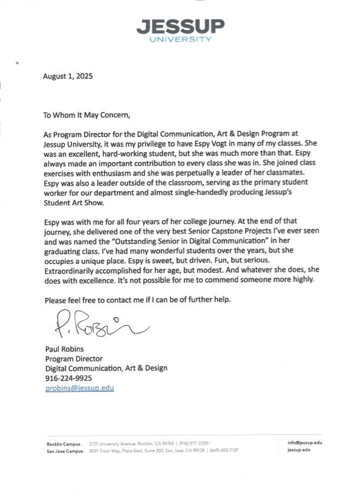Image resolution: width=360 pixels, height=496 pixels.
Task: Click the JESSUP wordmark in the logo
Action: pyautogui.click(x=180, y=27)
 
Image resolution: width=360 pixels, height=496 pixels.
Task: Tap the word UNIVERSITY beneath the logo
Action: pyautogui.click(x=180, y=40)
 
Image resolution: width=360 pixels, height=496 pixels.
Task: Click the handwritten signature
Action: pyautogui.click(x=94, y=324)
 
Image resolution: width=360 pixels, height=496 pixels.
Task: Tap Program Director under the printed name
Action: pyautogui.click(x=74, y=359)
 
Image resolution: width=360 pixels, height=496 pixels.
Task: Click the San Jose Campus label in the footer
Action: pyautogui.click(x=65, y=450)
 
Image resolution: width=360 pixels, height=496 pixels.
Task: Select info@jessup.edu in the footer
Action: pyautogui.click(x=305, y=442)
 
